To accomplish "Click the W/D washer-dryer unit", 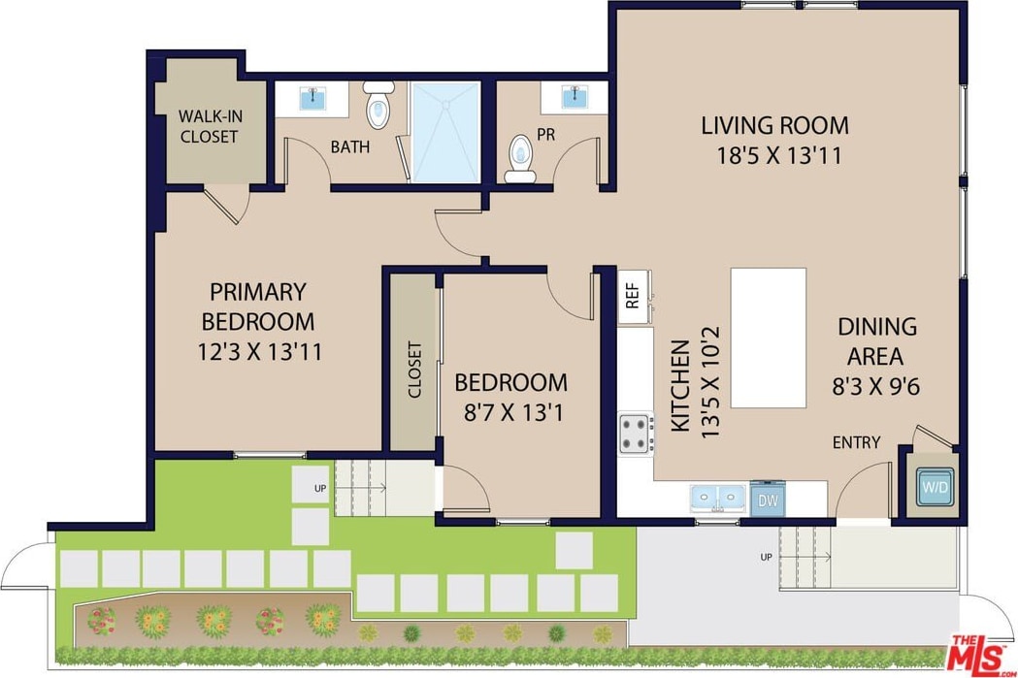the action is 936,487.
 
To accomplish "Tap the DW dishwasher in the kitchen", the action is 768,499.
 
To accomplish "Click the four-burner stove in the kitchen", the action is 637,434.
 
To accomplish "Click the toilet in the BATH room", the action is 378,105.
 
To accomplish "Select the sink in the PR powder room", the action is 575,97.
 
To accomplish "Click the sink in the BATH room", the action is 313,99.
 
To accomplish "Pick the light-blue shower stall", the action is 446,132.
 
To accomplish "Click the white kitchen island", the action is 769,338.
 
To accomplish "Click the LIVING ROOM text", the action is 774,125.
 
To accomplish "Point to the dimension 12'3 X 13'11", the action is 259,352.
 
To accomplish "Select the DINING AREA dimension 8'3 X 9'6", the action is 875,387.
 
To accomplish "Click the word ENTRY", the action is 856,442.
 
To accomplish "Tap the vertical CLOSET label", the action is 414,370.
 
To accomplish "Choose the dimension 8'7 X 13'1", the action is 513,412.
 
